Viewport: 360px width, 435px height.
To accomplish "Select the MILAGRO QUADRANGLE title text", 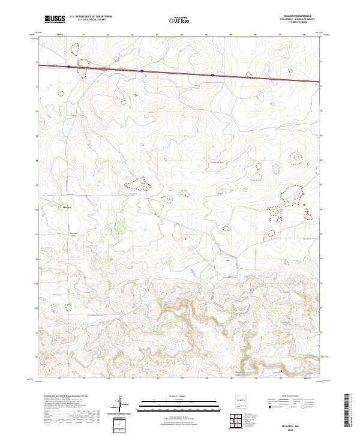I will pyautogui.click(x=295, y=16).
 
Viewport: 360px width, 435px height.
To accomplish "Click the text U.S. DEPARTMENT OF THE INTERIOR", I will pyautogui.click(x=91, y=17).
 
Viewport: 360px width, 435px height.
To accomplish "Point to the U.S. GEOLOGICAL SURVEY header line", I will pyautogui.click(x=89, y=20).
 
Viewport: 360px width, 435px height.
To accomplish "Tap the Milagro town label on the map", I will pyautogui.click(x=67, y=208).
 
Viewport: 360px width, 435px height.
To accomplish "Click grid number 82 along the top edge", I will pyautogui.click(x=157, y=35).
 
